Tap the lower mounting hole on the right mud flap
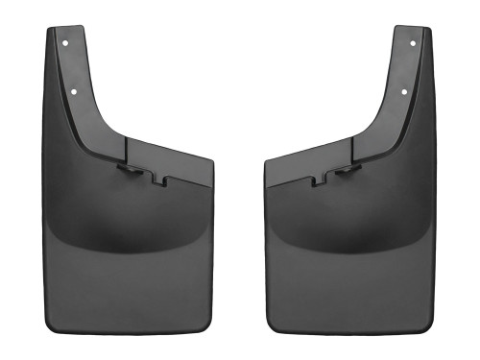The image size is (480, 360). [x=404, y=92]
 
